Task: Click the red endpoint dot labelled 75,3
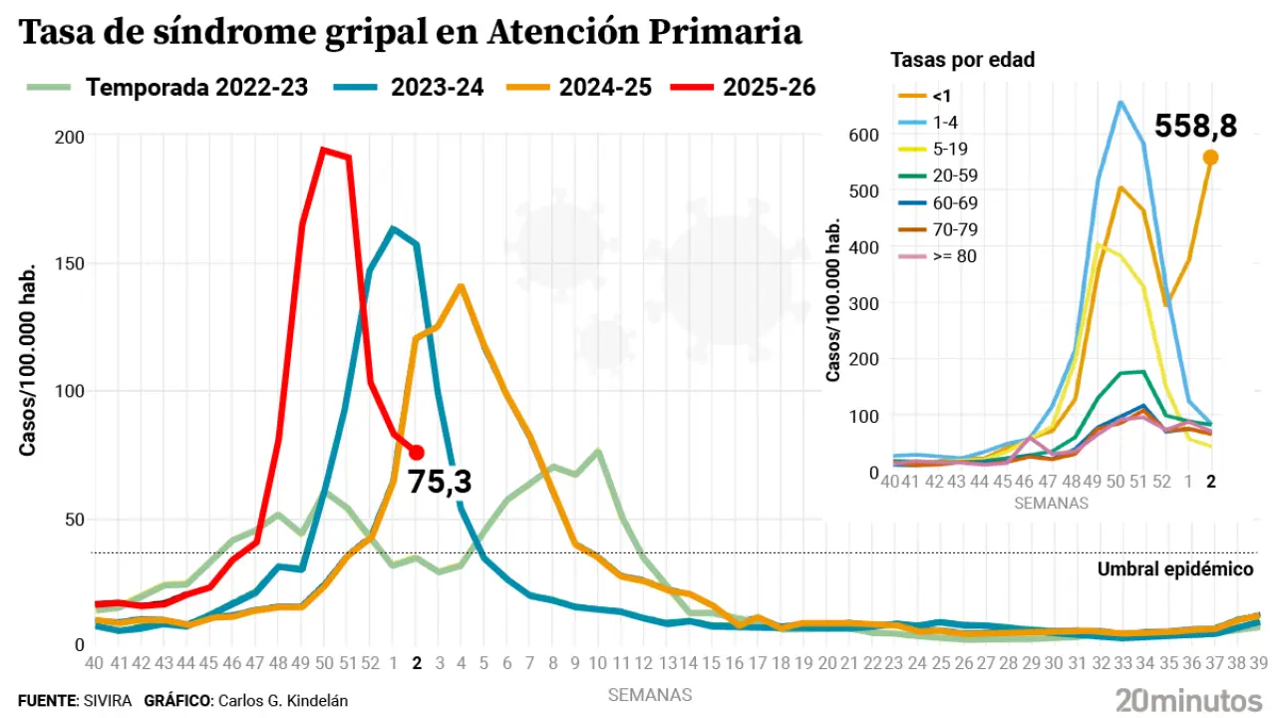point(417,453)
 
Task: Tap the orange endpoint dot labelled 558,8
point(1210,157)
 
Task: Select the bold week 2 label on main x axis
point(417,663)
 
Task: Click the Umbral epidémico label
point(1174,569)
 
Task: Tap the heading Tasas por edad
point(962,60)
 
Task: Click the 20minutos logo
point(1188,699)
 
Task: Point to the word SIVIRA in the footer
point(106,701)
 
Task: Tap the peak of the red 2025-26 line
point(324,150)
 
